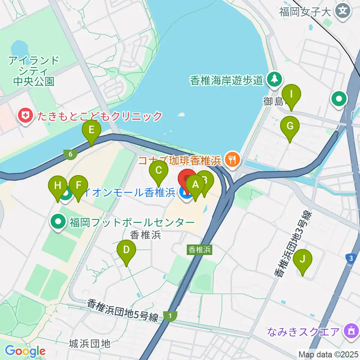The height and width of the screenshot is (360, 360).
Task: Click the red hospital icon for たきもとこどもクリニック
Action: pos(26,115)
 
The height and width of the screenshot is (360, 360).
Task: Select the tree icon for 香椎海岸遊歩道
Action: pos(274,80)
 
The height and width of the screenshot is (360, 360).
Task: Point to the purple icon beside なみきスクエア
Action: pos(351,331)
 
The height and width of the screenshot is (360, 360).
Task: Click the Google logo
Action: pos(25,351)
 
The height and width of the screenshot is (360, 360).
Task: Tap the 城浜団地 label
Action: pos(90,343)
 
